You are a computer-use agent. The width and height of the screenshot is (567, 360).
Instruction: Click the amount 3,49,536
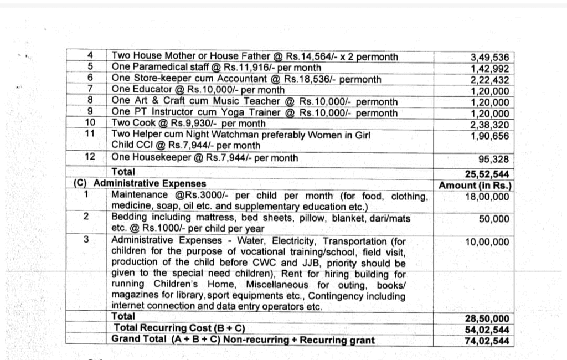(489, 57)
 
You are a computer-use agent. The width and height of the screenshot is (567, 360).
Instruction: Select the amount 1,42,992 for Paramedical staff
(489, 69)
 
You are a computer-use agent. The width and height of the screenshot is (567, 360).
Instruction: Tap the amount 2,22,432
(489, 80)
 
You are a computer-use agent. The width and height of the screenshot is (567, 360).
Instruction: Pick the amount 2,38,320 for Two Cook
(489, 125)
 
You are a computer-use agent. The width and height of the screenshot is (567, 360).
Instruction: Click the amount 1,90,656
(489, 136)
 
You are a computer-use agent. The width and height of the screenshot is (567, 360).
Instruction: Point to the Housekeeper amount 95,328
(494, 160)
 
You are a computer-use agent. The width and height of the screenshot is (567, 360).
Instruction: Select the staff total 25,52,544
(487, 174)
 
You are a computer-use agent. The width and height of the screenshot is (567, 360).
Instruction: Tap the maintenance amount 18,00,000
(487, 197)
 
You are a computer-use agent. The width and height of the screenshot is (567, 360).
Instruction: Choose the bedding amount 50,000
(494, 219)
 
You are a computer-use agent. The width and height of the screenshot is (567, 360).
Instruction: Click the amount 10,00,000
(487, 242)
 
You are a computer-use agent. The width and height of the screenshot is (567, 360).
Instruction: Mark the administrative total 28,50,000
(487, 319)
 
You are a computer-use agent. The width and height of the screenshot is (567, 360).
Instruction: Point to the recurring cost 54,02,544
(487, 330)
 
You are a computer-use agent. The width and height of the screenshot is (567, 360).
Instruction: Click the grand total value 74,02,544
(487, 341)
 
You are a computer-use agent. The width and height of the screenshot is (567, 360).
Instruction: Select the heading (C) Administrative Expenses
(140, 183)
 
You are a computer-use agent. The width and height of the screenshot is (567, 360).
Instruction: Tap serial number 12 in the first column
(90, 157)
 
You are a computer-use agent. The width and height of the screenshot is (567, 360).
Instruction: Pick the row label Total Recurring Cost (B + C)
(179, 328)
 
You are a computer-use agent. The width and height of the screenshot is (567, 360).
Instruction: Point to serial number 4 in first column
(90, 55)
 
